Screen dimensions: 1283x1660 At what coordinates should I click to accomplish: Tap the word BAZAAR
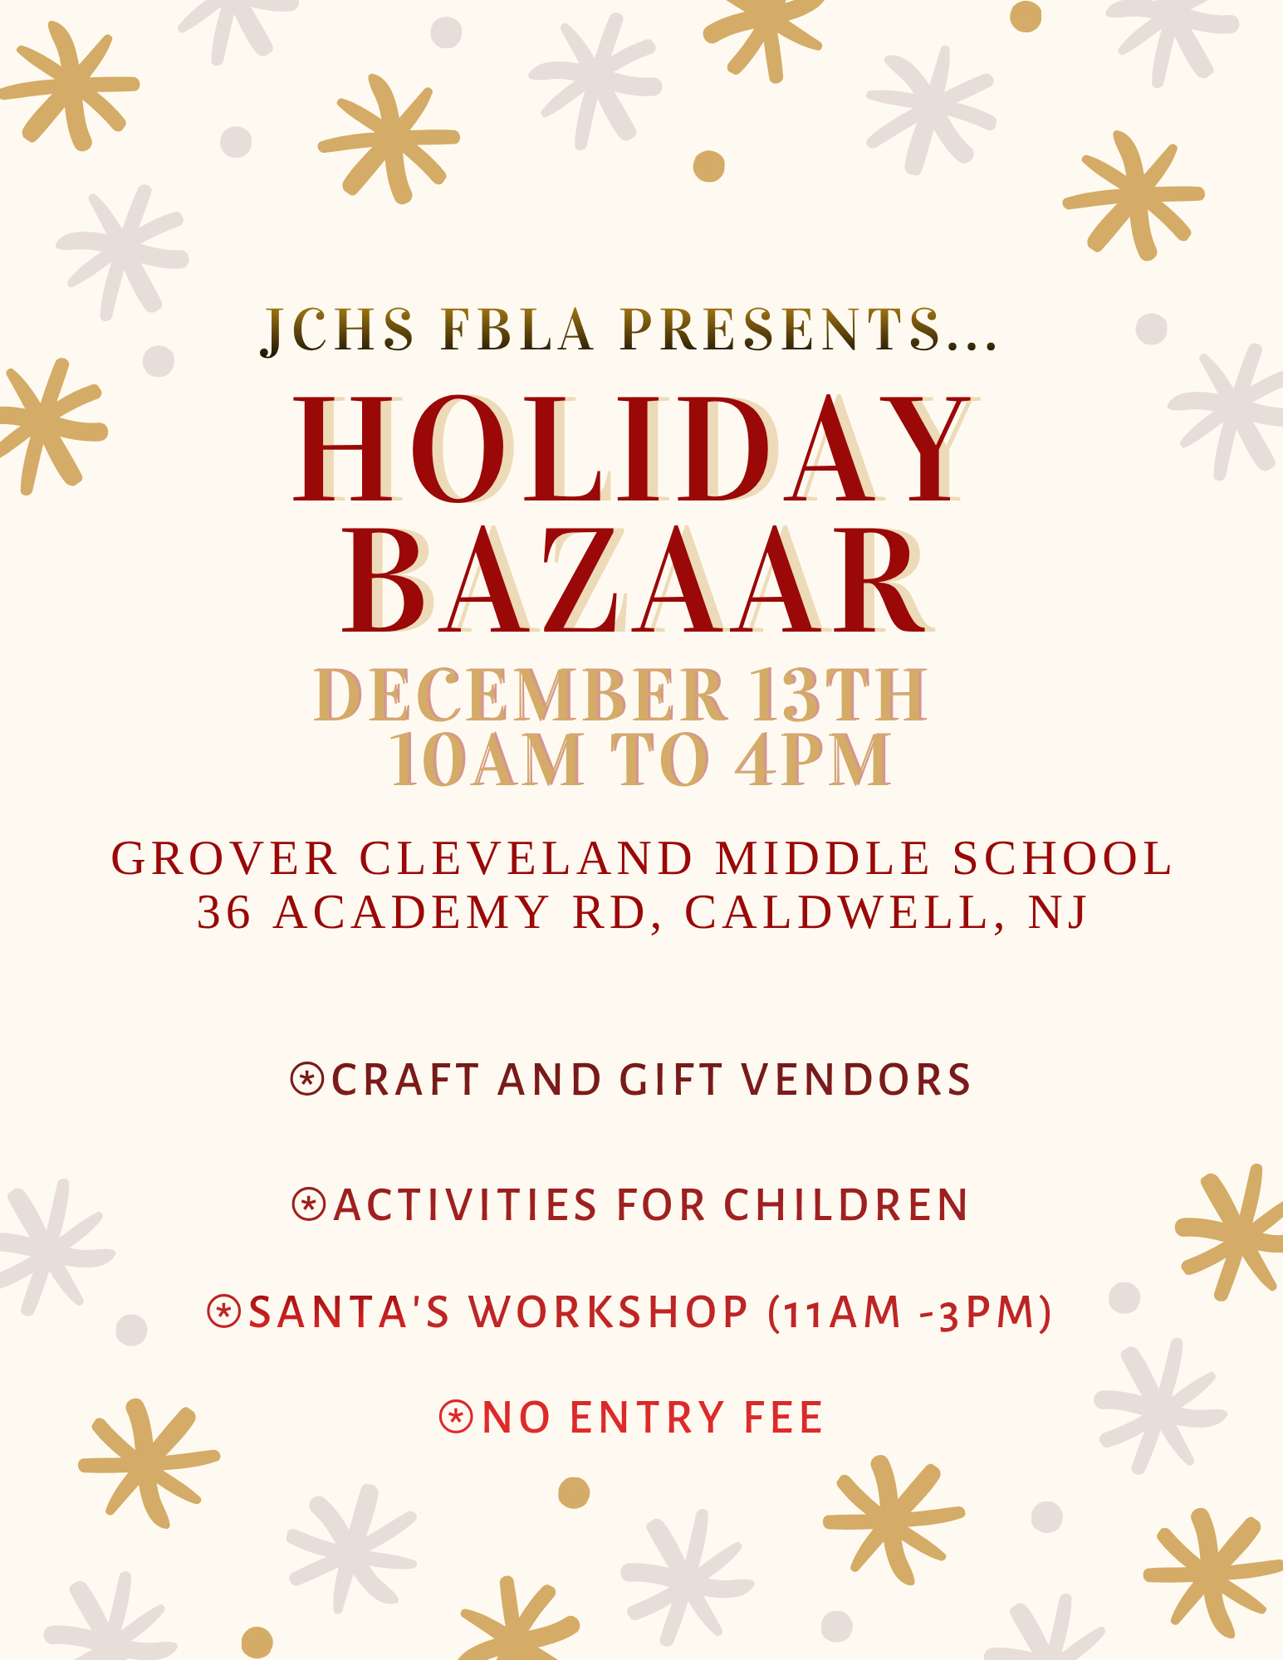635,581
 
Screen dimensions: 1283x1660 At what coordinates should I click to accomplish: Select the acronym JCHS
338,330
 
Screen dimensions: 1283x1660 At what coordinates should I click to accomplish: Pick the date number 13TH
839,694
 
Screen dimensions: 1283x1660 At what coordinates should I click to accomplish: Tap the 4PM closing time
815,759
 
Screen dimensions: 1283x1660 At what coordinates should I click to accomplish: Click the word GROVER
224,858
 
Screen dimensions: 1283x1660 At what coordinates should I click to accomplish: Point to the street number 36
224,912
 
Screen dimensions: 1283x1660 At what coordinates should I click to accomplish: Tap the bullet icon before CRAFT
306,1079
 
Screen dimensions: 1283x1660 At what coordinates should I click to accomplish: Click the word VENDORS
856,1080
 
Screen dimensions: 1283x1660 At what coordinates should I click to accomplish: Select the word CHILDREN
845,1204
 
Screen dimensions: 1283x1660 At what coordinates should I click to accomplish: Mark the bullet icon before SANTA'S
223,1311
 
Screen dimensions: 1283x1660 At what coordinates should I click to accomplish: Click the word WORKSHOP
609,1312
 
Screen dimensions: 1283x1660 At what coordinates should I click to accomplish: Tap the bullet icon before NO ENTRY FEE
456,1417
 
